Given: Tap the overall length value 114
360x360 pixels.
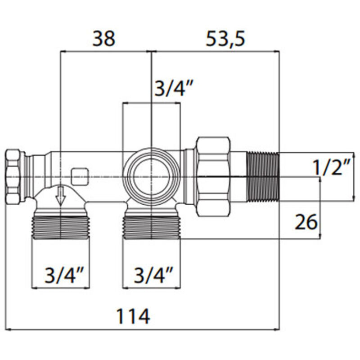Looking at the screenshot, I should [134, 316].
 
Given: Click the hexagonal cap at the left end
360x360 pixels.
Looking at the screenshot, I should [14, 175].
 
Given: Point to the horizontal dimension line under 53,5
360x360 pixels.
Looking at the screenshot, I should [216, 51].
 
